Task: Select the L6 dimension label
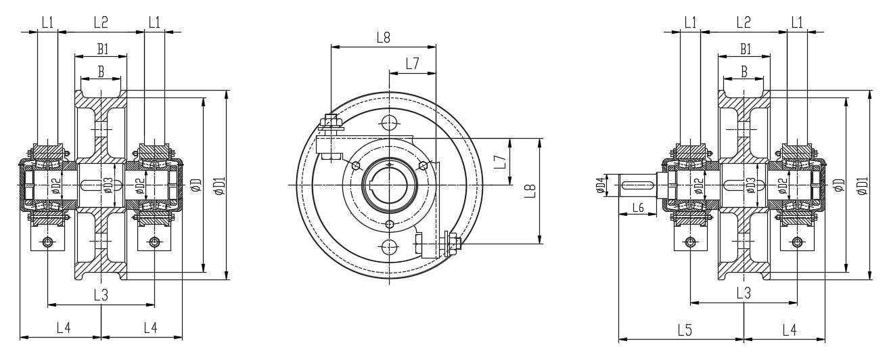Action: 636,207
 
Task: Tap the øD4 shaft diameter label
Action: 600,185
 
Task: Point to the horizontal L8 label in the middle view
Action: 383,38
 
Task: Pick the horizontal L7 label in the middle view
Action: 412,64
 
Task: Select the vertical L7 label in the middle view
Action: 499,162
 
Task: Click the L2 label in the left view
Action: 101,22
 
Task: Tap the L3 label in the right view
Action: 743,294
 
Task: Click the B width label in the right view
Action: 744,71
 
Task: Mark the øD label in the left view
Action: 197,184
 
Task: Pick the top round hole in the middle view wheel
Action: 389,122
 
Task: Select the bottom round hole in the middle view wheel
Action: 389,247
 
